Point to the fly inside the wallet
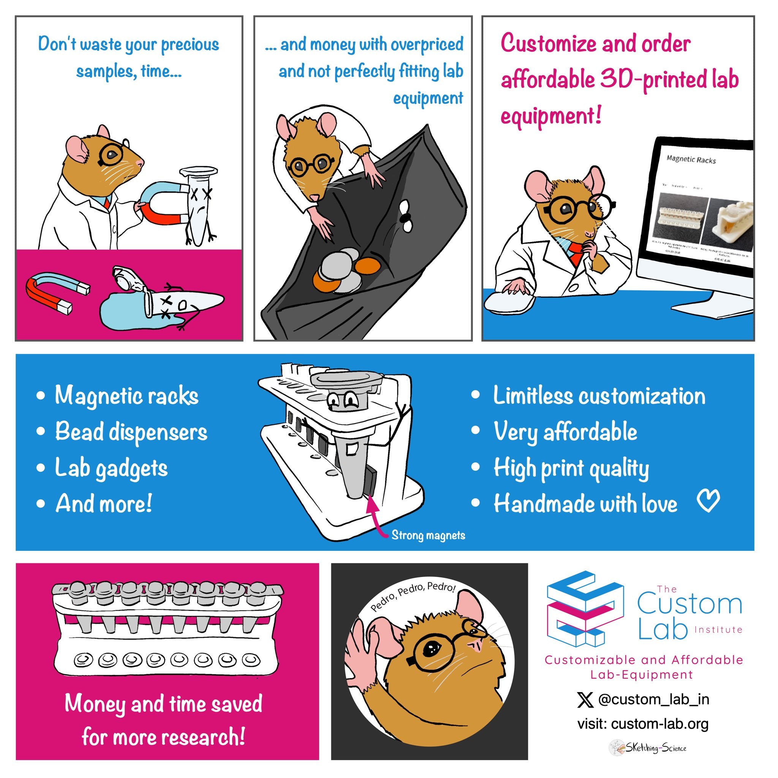point(405,217)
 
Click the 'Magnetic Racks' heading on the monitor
point(691,160)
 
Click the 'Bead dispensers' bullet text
point(131,432)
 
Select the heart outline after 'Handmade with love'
point(708,502)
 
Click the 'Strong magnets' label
point(428,535)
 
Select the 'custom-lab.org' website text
point(659,724)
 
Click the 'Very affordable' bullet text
point(565,432)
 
